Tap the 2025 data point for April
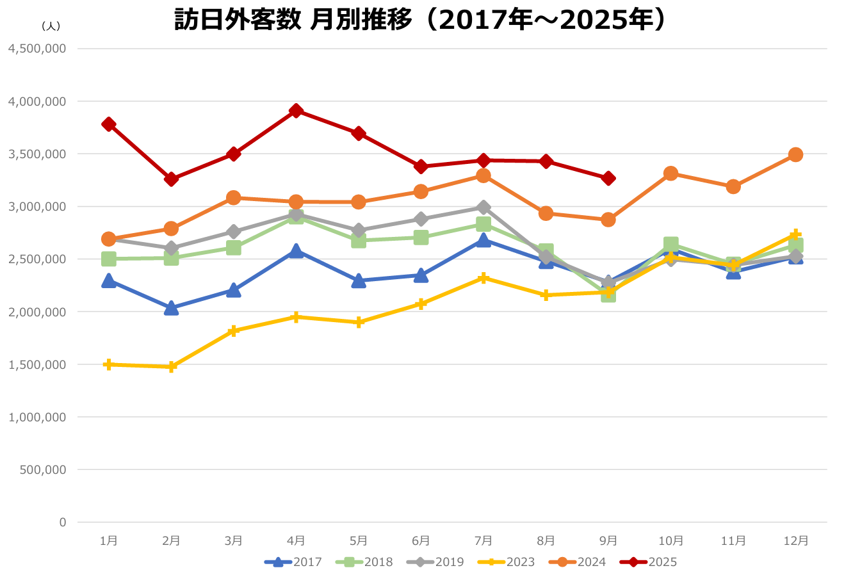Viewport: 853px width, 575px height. (x=296, y=111)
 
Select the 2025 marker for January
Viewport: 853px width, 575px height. (x=109, y=124)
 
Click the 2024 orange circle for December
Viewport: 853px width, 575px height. (x=795, y=155)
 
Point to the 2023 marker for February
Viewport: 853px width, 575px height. (x=171, y=367)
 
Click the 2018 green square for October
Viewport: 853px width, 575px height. (x=670, y=244)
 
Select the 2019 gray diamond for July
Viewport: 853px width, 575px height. (x=483, y=207)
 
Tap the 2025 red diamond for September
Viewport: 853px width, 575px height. (x=608, y=179)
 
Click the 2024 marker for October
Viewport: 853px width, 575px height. (x=670, y=174)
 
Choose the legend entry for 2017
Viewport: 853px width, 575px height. (x=293, y=562)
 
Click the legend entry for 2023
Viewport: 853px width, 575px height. (x=506, y=562)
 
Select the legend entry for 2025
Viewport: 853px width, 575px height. (x=648, y=562)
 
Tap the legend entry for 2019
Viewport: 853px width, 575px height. (x=435, y=562)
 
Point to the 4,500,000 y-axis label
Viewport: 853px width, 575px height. (x=37, y=49)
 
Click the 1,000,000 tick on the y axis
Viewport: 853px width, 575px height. (x=37, y=417)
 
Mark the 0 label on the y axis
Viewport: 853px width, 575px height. (x=62, y=522)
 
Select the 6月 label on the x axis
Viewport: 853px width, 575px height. (x=421, y=540)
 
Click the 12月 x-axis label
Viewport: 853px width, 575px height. (x=795, y=540)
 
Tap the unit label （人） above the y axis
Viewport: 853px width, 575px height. (x=50, y=26)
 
